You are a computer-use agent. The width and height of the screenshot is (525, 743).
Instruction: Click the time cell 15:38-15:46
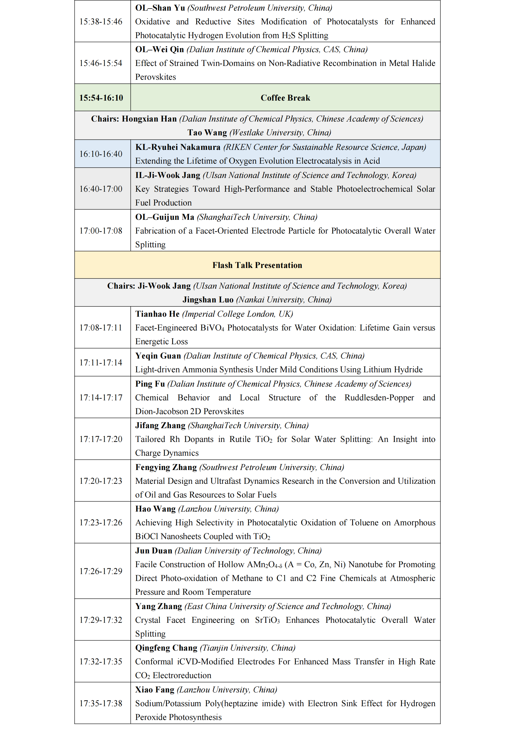(x=101, y=22)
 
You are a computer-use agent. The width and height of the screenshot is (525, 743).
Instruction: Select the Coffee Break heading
(x=285, y=98)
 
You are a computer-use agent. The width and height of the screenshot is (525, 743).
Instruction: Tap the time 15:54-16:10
(x=101, y=98)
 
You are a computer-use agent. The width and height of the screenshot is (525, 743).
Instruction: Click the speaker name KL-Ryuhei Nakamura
(x=178, y=147)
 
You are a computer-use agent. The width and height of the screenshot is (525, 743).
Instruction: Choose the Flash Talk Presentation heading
(x=257, y=265)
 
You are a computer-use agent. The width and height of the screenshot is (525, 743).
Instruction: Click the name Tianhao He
(x=157, y=314)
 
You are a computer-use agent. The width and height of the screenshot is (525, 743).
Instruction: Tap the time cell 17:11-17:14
(x=101, y=362)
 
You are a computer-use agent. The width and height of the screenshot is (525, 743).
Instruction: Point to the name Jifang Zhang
(x=160, y=426)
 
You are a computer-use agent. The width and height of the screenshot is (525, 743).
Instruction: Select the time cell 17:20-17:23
(x=101, y=481)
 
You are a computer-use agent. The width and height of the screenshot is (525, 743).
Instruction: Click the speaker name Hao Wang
(x=155, y=509)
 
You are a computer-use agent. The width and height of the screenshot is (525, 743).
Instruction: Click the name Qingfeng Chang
(x=166, y=648)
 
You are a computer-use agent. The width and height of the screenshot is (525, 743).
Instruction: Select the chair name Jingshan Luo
(x=208, y=300)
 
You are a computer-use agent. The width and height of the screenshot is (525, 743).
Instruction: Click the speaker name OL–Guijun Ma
(x=164, y=217)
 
